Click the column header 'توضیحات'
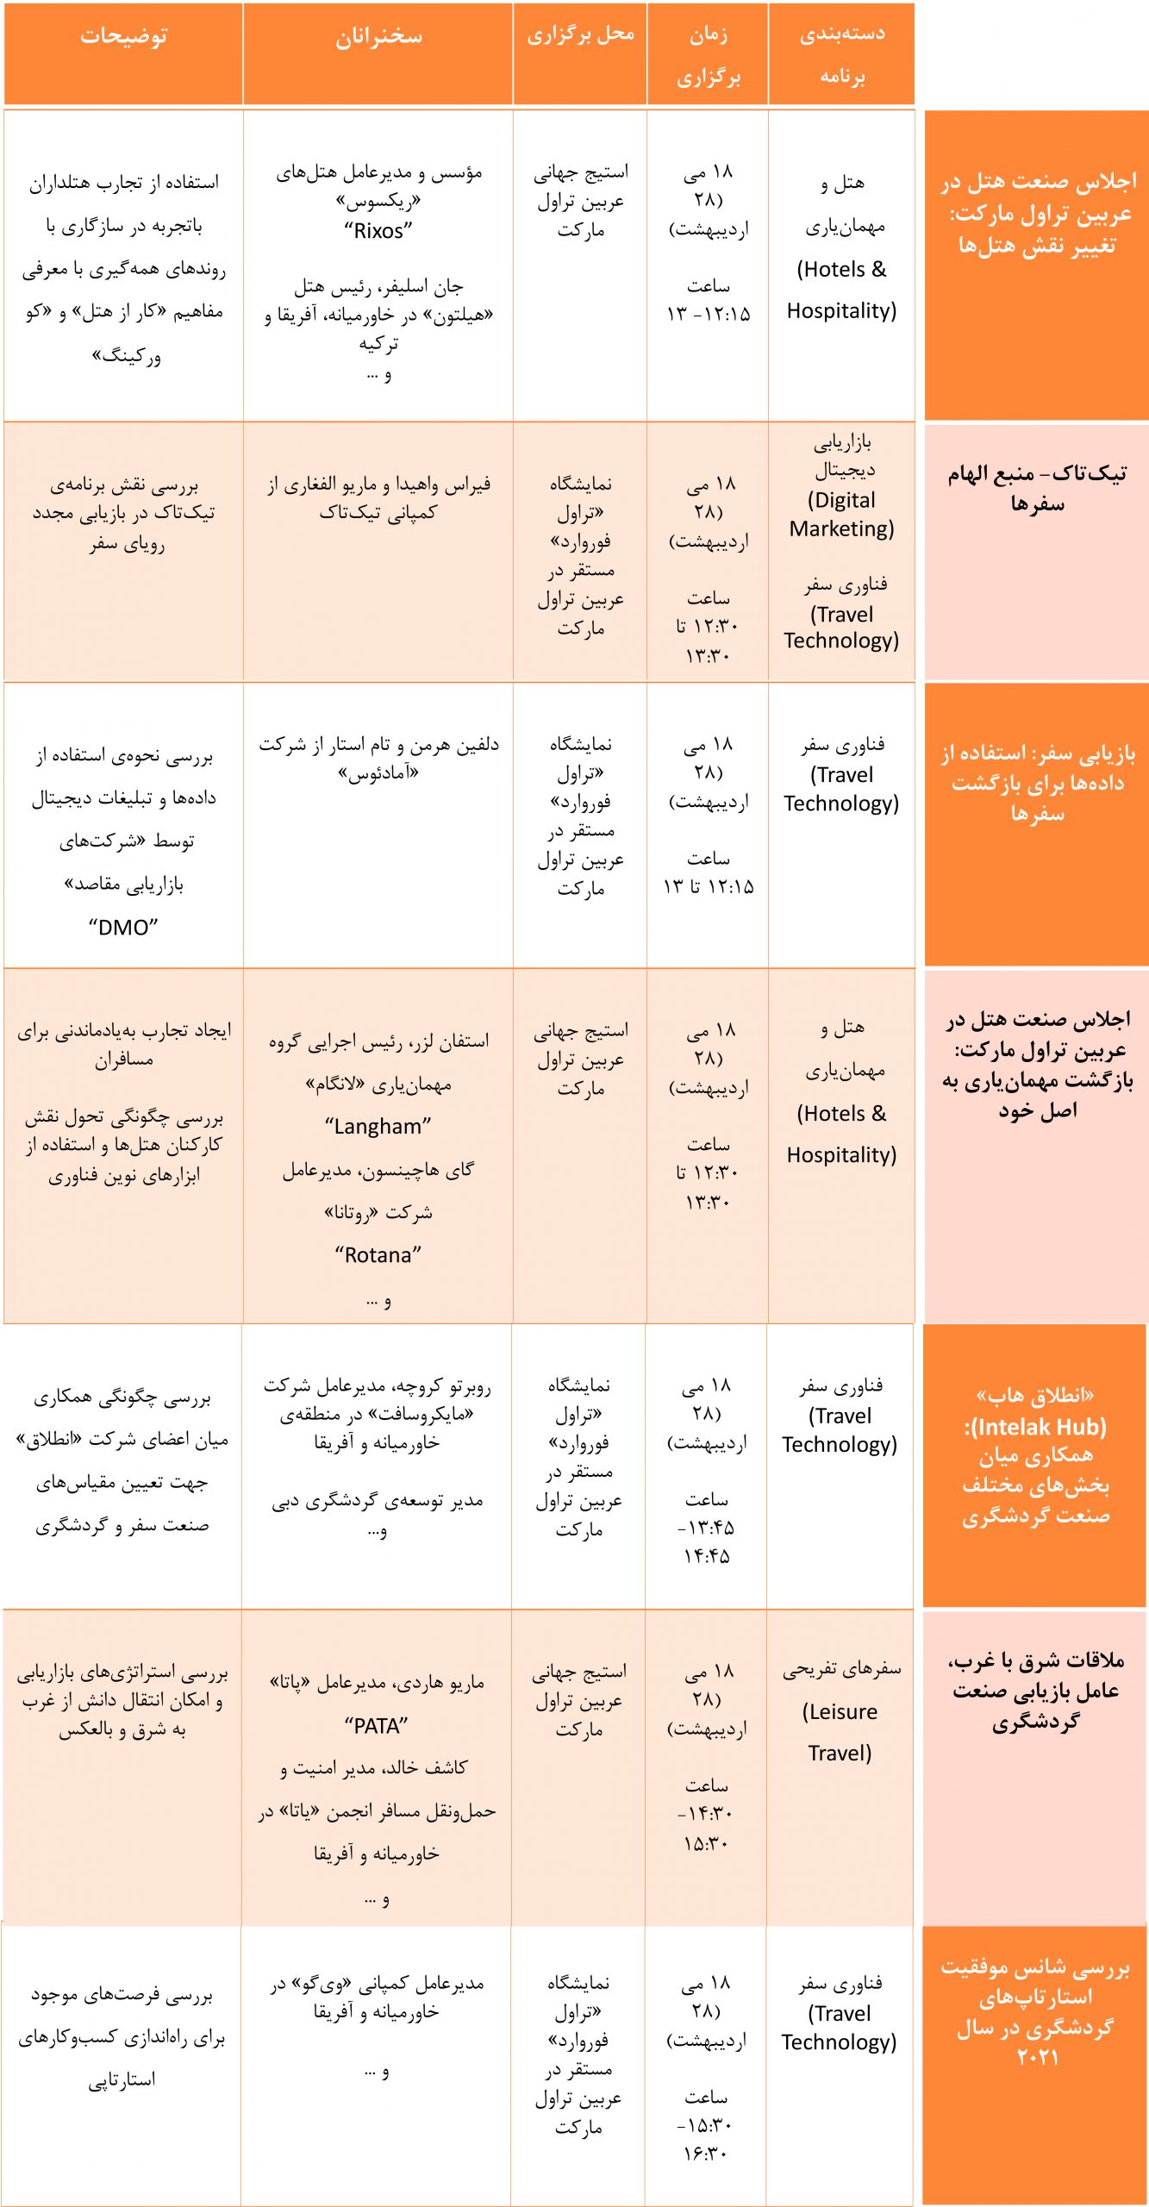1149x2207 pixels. click(123, 36)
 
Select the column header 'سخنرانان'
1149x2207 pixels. click(378, 36)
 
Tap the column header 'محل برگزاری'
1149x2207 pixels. click(580, 34)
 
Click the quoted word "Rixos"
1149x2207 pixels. click(378, 231)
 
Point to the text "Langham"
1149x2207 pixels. click(378, 1126)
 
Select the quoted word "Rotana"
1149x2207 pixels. click(378, 1255)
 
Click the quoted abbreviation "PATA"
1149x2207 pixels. click(376, 1726)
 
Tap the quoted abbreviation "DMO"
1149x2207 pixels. click(123, 928)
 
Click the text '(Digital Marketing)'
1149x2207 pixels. click(841, 514)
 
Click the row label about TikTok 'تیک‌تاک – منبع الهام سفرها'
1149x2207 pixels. click(1037, 488)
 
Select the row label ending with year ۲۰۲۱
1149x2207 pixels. click(1035, 2011)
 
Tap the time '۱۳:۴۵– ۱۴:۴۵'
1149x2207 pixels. click(706, 1541)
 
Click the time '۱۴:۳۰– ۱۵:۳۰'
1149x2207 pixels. click(706, 1828)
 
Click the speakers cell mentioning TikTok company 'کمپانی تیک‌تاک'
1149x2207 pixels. click(378, 498)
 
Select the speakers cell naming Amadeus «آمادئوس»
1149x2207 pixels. click(378, 758)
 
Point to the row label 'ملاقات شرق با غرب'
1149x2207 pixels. click(1035, 1690)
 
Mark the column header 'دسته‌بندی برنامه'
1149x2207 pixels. click(842, 54)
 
